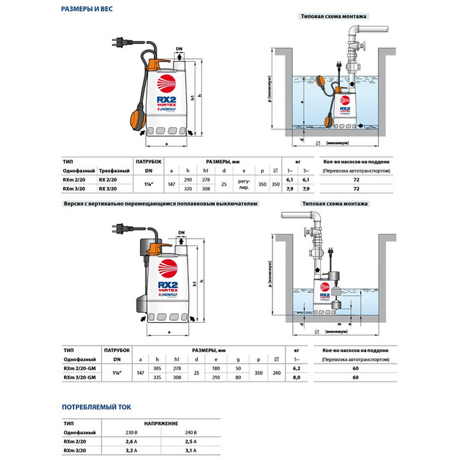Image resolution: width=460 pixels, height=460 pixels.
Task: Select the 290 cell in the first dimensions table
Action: coord(188,179)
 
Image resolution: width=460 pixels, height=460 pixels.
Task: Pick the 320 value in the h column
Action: coord(188,189)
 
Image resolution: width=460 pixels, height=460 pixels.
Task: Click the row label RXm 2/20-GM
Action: coord(80,367)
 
